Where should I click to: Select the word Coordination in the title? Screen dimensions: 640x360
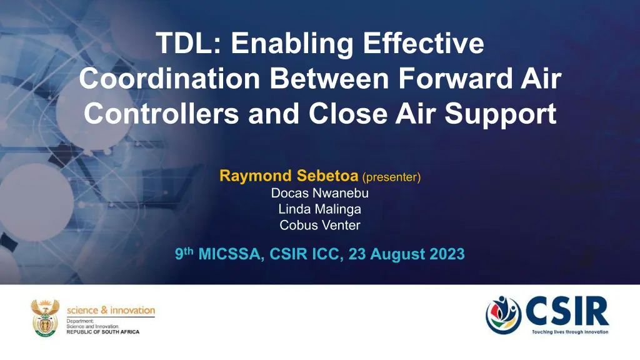coord(170,78)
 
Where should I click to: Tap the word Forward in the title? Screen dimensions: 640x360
coord(455,78)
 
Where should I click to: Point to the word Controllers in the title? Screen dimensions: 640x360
coord(162,114)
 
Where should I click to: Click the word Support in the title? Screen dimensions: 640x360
coord(501,115)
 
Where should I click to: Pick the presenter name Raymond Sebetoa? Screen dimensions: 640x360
coord(289,176)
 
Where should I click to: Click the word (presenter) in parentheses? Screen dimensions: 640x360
coord(391,177)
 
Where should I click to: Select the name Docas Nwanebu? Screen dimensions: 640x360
coord(320,193)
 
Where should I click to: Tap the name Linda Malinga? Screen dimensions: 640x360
coord(320,209)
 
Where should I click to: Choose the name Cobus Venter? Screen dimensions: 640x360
coord(320,225)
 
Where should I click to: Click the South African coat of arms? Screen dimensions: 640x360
coord(45,318)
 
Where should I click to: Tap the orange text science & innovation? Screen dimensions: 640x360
coord(111,310)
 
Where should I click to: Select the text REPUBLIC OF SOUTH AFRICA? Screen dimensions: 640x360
coord(103,332)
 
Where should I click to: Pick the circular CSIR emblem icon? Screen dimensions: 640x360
coord(504,315)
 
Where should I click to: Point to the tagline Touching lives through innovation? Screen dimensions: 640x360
coord(570,332)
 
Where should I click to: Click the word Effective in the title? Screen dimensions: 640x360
coord(423,43)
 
